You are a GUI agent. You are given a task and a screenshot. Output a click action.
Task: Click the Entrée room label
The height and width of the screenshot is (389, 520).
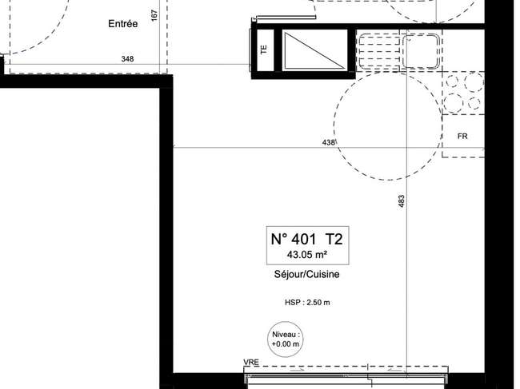[123, 23]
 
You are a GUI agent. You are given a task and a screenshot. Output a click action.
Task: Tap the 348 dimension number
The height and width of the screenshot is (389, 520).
[128, 59]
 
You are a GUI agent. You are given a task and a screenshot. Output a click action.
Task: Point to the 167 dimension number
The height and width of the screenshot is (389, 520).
[154, 15]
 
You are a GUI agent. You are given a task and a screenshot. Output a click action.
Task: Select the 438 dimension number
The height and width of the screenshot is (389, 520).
[328, 142]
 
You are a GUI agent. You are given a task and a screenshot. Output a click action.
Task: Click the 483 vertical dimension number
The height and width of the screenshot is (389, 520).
[402, 201]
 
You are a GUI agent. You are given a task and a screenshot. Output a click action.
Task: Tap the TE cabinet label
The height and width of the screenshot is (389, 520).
[264, 50]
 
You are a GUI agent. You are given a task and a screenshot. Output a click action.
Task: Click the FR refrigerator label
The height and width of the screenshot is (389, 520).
[462, 136]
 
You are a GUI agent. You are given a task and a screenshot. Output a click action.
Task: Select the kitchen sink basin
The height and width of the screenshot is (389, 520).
[421, 50]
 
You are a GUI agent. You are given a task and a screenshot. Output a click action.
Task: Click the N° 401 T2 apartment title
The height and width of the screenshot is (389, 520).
[307, 239]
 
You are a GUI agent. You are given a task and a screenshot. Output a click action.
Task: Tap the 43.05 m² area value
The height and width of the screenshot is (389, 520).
[307, 255]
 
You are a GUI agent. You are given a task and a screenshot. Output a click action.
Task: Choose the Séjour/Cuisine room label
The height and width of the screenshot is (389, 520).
[306, 274]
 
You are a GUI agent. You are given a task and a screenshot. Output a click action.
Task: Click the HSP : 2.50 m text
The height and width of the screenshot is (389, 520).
[307, 302]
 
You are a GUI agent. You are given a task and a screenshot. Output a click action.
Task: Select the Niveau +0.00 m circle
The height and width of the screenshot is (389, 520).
[286, 339]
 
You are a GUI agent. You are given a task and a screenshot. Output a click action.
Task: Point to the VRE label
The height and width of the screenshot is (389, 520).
[251, 362]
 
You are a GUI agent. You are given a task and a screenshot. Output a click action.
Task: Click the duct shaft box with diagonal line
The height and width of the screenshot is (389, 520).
[314, 50]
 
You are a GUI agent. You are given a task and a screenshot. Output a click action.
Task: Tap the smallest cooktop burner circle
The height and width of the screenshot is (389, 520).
[474, 103]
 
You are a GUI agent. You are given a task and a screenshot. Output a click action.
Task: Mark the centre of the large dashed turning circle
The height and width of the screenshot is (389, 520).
[389, 125]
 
